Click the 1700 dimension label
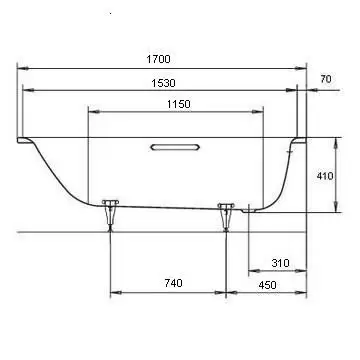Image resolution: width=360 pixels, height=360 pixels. click(x=158, y=59)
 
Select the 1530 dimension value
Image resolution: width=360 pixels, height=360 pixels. click(x=163, y=83)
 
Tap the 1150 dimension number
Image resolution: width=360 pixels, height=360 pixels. click(x=179, y=104)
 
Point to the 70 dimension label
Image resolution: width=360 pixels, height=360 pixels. click(x=326, y=79)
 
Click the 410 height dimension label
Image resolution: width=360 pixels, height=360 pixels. click(x=325, y=176)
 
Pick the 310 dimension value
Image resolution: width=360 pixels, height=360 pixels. click(x=280, y=263)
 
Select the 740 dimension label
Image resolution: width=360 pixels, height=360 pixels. click(x=174, y=283)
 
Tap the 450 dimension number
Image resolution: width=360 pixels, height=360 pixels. click(x=267, y=285)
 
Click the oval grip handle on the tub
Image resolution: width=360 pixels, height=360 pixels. click(x=175, y=147)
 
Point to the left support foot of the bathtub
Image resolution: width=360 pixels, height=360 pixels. click(x=110, y=215)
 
